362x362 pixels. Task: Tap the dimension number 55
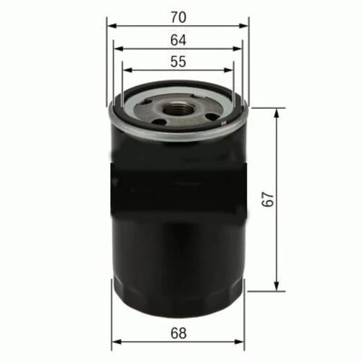(x=178, y=62)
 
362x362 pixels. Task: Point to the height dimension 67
(x=267, y=200)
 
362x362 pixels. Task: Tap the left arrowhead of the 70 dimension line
(x=111, y=25)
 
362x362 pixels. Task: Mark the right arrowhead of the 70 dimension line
(x=245, y=25)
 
